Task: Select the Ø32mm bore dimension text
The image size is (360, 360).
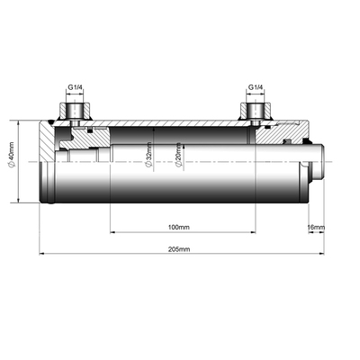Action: (149, 160)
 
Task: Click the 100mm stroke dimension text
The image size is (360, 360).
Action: (180, 227)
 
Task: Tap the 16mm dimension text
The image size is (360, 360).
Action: (316, 227)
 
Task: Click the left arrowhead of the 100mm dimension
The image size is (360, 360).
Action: (112, 232)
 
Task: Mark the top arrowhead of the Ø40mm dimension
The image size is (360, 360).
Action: (18, 123)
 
